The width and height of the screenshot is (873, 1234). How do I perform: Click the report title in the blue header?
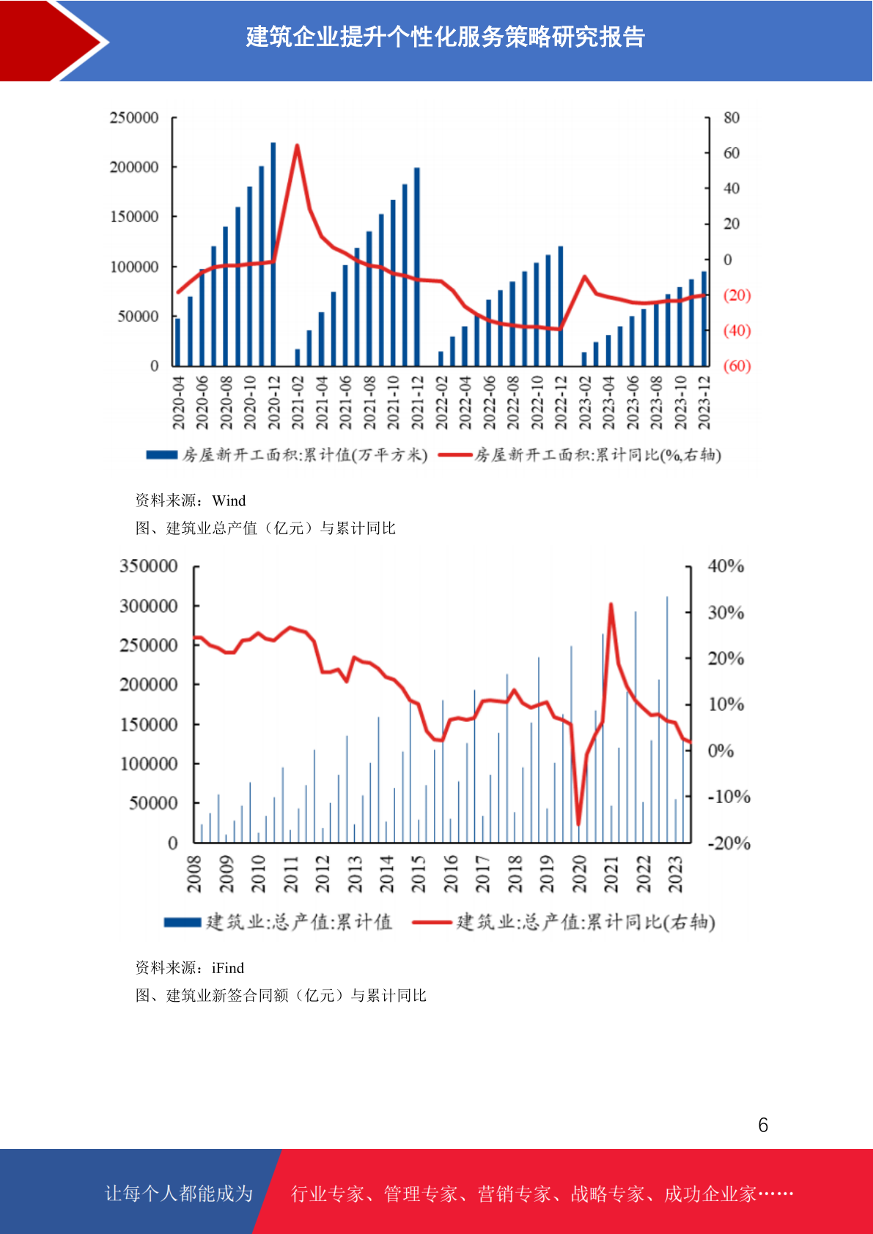[x=446, y=37]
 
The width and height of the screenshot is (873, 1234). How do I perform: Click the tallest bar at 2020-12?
[x=273, y=254]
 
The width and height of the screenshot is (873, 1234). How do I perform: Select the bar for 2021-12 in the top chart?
[x=416, y=267]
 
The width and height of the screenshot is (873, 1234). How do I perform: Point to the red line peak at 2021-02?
[x=297, y=145]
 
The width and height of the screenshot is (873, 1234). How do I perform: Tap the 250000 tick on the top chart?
[x=134, y=117]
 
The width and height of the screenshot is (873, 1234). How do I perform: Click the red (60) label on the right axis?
[x=737, y=366]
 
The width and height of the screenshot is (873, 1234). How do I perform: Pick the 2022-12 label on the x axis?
[x=561, y=403]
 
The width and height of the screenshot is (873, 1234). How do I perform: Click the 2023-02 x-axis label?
[x=585, y=403]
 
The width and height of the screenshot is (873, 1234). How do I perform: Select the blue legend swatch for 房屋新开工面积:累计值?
[x=162, y=454]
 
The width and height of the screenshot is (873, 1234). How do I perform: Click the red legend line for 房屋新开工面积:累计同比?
[x=455, y=454]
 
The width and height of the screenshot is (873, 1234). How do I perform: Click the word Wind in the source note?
[x=229, y=500]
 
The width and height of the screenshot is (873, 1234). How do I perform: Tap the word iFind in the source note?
[x=228, y=968]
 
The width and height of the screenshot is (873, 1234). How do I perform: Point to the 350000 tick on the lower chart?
[x=149, y=566]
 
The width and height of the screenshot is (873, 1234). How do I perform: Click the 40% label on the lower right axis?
[x=726, y=566]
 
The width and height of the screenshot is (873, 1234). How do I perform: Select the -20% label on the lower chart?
[x=729, y=843]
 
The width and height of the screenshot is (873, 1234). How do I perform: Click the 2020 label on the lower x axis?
[x=579, y=873]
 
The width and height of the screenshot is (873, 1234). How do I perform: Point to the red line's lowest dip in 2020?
[x=578, y=824]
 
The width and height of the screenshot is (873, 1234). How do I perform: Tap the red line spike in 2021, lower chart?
[x=611, y=605]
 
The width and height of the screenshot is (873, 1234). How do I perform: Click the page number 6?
[x=763, y=1125]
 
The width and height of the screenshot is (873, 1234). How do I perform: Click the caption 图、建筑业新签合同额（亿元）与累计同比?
[x=281, y=995]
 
